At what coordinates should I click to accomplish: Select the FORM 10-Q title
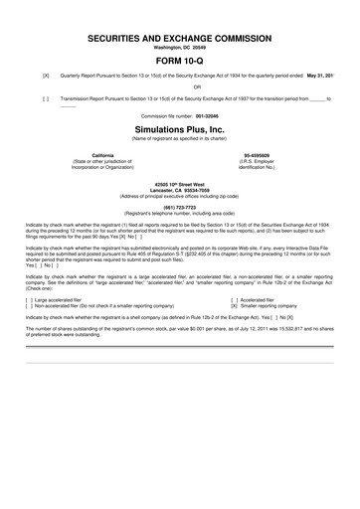point(180,61)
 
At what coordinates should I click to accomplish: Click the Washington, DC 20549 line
point(180,46)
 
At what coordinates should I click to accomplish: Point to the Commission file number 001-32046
point(180,114)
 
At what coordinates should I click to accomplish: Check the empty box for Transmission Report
point(46,98)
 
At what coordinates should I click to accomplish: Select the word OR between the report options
point(180,86)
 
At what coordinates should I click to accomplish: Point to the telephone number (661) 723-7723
point(180,207)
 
